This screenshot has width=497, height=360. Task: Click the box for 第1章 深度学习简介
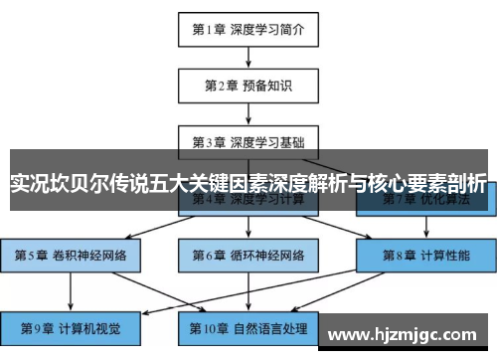tap(248, 29)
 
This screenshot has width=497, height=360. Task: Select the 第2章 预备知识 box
tap(248, 86)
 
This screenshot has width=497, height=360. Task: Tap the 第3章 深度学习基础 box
tap(248, 140)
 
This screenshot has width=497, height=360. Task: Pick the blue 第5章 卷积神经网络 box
tap(71, 256)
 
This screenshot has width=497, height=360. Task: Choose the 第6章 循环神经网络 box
tap(248, 256)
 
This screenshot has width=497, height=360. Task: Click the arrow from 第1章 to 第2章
tap(248, 57)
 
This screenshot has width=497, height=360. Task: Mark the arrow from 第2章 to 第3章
tap(248, 112)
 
